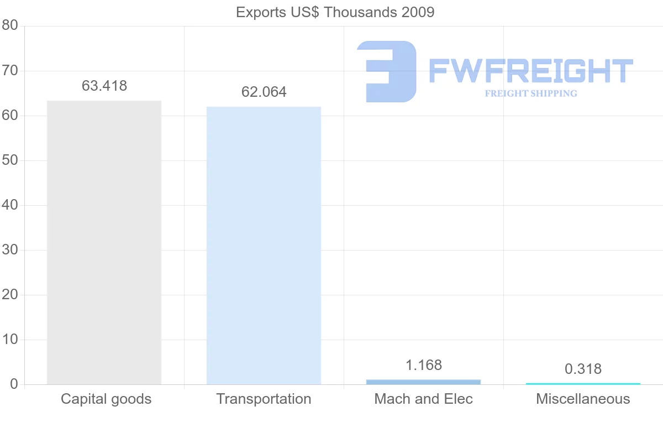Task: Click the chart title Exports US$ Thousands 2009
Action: [x=335, y=12]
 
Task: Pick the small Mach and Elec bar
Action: [x=423, y=382]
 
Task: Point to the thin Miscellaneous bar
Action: [x=583, y=383]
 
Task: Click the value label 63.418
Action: [x=104, y=86]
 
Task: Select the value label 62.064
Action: [x=264, y=92]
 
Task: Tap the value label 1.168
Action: [x=424, y=365]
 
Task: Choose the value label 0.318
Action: [x=583, y=369]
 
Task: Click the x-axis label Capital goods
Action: [x=106, y=399]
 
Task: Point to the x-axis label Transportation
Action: [x=264, y=399]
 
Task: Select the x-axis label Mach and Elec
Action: [x=423, y=399]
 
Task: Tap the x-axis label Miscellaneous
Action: [x=583, y=399]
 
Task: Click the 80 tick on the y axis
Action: [x=10, y=26]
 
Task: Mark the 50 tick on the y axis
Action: [x=10, y=160]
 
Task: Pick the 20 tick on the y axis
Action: [x=10, y=295]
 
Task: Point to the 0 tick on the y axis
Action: [x=14, y=384]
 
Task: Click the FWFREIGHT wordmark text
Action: [x=530, y=71]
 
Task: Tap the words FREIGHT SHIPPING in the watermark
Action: [x=531, y=93]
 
